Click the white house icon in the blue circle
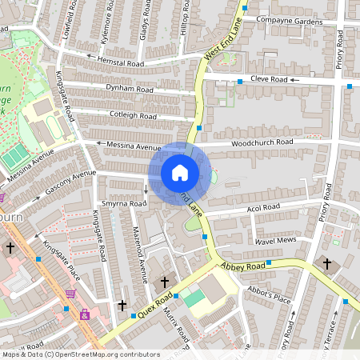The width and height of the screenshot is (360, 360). (x=180, y=173)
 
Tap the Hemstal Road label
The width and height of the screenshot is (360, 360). (x=120, y=63)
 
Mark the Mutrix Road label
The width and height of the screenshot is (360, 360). (x=174, y=324)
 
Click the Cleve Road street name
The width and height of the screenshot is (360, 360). (x=267, y=80)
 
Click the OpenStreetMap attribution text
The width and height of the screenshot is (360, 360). (x=80, y=354)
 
